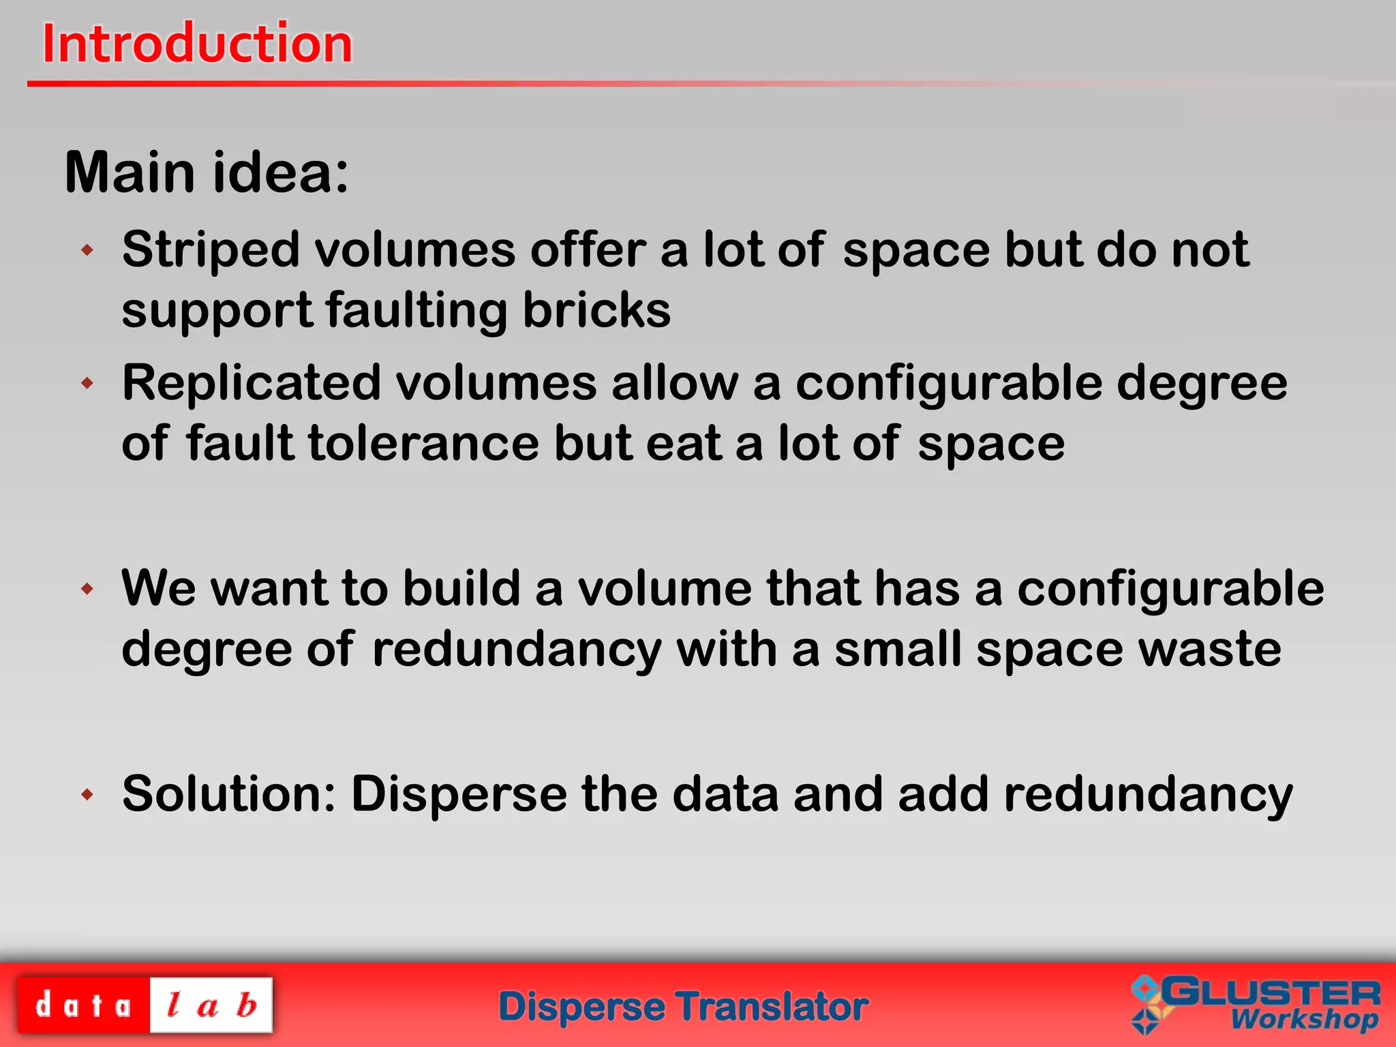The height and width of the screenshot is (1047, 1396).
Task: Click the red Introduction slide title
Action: pyautogui.click(x=198, y=44)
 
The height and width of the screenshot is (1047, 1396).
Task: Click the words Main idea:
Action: pyautogui.click(x=207, y=172)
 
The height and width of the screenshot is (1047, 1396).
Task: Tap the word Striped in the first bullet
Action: pyautogui.click(x=211, y=250)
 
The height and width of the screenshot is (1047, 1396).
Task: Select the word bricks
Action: pyautogui.click(x=596, y=310)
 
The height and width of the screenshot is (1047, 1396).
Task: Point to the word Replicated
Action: pyautogui.click(x=252, y=383)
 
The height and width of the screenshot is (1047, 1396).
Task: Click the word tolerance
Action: pyautogui.click(x=423, y=444)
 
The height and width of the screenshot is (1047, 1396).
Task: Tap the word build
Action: pyautogui.click(x=461, y=588)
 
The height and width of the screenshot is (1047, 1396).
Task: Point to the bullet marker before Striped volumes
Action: pyautogui.click(x=87, y=250)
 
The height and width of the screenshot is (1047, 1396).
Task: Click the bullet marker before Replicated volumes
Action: pyautogui.click(x=87, y=383)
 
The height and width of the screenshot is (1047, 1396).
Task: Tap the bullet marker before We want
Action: pyautogui.click(x=87, y=588)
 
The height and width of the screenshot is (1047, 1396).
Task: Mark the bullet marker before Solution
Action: pyautogui.click(x=87, y=794)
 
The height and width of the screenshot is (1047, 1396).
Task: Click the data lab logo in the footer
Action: pyautogui.click(x=145, y=1005)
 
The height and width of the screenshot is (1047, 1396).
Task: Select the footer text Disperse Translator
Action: pyautogui.click(x=684, y=1007)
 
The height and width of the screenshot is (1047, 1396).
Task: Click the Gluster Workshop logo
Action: pyautogui.click(x=1256, y=1005)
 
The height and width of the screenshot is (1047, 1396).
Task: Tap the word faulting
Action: pyautogui.click(x=416, y=310)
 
